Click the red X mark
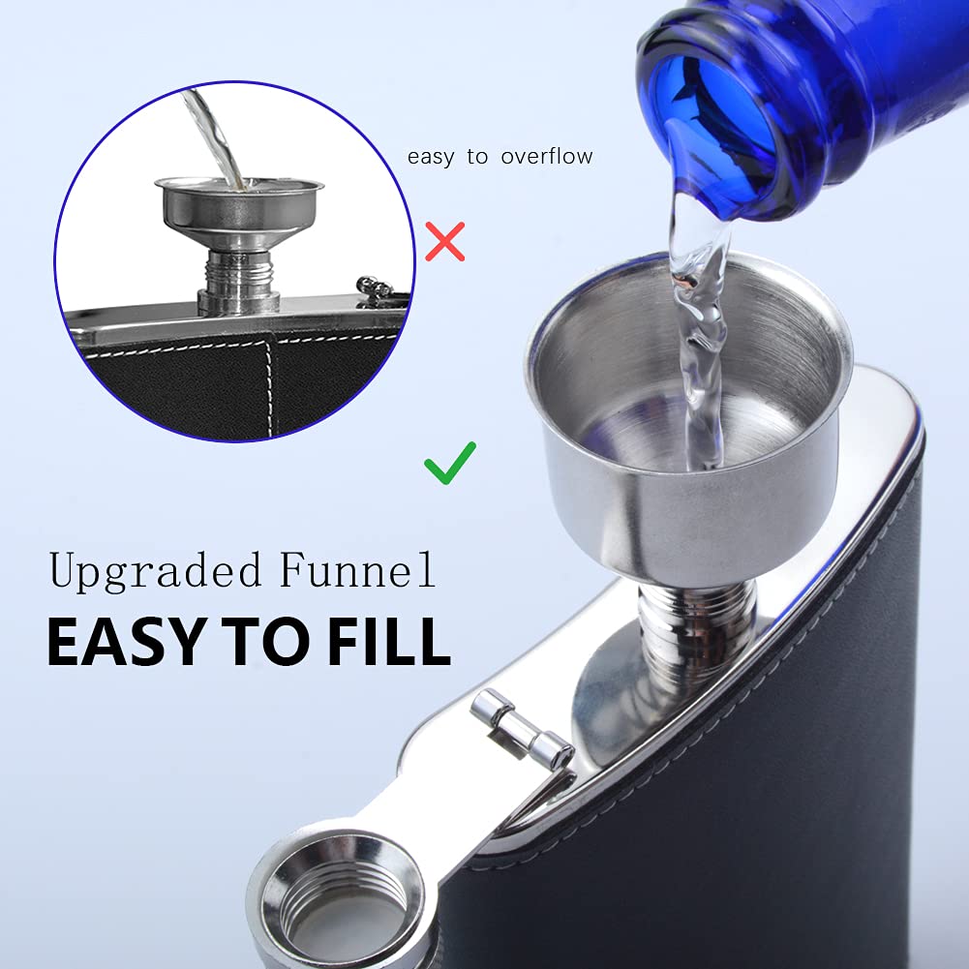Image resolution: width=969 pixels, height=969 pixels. [x=445, y=242]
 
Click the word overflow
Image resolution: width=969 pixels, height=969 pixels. [x=547, y=157]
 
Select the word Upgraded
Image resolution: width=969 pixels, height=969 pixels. [x=155, y=571]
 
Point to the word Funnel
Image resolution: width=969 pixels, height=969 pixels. [x=357, y=568]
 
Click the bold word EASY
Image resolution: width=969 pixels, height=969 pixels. [x=127, y=641]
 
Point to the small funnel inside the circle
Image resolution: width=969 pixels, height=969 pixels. [x=240, y=212]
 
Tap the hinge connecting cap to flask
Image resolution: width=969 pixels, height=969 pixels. [x=522, y=729]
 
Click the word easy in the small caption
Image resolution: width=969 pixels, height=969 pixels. [x=431, y=158]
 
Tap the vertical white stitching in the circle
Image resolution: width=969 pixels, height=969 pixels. [x=271, y=387]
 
